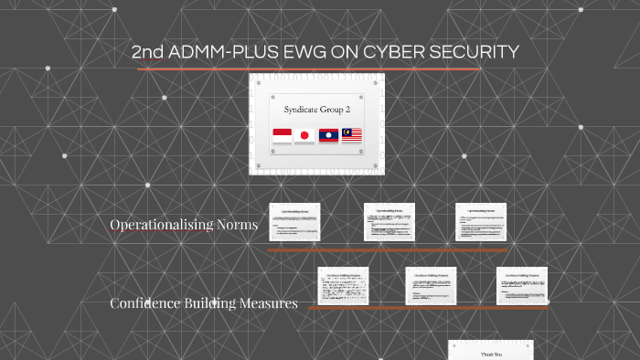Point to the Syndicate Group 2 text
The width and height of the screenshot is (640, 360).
pos(316,109)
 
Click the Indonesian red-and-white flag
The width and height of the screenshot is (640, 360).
pos(282,136)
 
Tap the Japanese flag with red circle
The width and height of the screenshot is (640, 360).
pos(304,136)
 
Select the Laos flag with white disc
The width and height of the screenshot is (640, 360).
pos(328,136)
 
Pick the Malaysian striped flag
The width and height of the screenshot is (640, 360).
pos(352,136)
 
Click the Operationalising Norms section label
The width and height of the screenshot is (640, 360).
pos(184,225)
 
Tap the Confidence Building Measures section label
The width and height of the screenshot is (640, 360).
pos(203,303)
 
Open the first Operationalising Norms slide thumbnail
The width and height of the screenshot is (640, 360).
pos(293,223)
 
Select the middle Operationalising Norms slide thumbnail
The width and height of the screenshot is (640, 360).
pos(389,222)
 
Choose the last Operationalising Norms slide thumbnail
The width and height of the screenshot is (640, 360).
pos(481,222)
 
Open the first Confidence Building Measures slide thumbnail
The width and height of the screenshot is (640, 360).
pos(343,286)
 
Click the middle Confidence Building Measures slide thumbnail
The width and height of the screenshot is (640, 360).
pos(431,286)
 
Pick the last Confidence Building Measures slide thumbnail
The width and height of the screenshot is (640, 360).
pos(522,286)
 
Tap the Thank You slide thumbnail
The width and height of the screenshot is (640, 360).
pos(490,350)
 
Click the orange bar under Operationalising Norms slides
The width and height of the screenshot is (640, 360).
pos(387,249)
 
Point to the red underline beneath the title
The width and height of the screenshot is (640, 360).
pos(308,69)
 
